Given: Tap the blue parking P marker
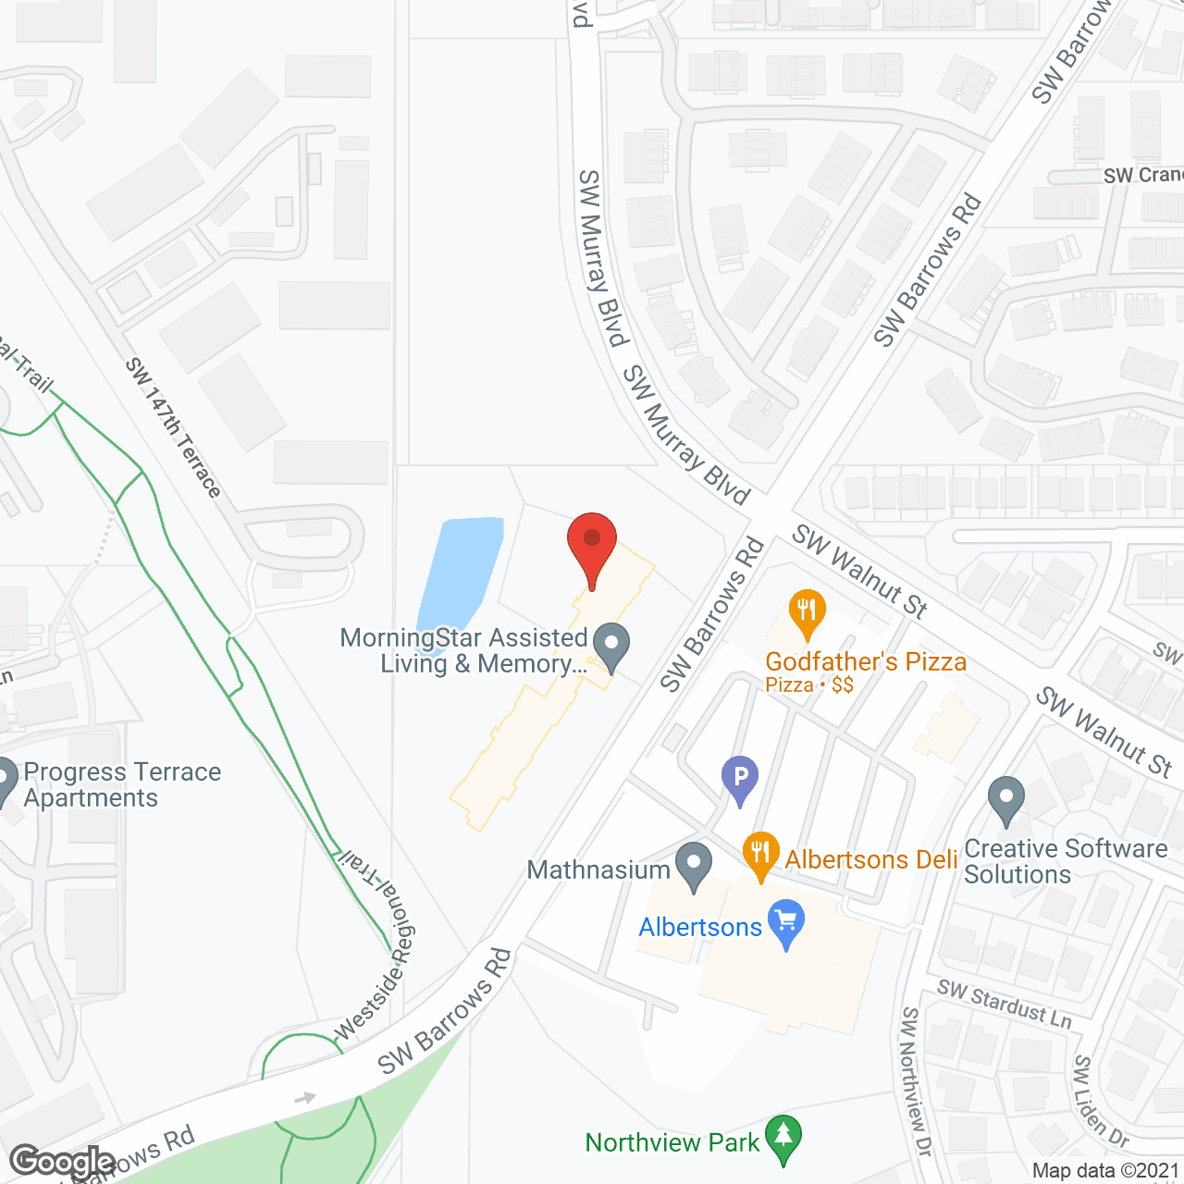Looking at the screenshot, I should pyautogui.click(x=740, y=776).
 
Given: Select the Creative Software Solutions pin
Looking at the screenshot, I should pyautogui.click(x=1005, y=798).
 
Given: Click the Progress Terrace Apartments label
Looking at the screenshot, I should pyautogui.click(x=122, y=784).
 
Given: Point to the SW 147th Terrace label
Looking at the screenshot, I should pyautogui.click(x=174, y=427).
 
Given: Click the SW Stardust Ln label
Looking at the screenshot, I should pyautogui.click(x=1005, y=1004).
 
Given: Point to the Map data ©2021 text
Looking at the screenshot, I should pyautogui.click(x=1105, y=1171).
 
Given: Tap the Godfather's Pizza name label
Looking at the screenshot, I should pyautogui.click(x=866, y=661).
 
